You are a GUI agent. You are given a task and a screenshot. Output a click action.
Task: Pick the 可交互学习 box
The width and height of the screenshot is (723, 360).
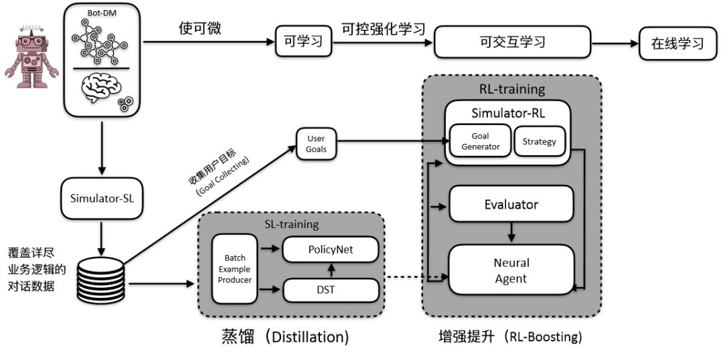click(x=513, y=42)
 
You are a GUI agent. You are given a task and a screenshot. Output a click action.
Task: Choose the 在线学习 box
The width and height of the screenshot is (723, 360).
click(x=678, y=44)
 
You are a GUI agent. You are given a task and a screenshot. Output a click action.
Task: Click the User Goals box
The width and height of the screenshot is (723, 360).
click(x=316, y=144)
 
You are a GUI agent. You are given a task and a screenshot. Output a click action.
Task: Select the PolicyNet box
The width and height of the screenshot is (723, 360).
click(x=331, y=250)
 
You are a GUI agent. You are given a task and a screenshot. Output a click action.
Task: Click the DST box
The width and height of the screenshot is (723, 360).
click(x=331, y=290)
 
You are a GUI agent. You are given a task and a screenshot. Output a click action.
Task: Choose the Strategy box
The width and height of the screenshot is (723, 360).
click(x=539, y=141)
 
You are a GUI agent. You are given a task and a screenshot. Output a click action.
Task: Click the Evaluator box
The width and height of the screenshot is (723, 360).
click(x=511, y=204)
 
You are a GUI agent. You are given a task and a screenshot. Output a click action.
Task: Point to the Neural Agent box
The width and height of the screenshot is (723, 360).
click(x=511, y=270)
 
